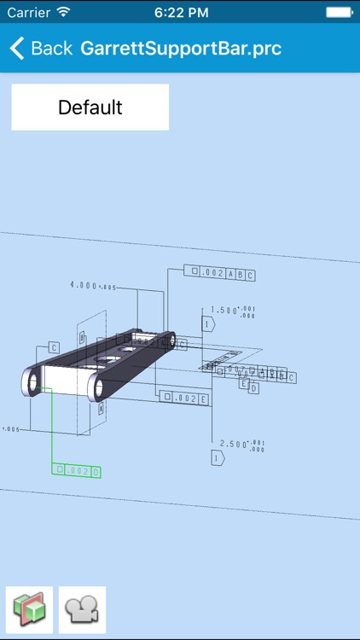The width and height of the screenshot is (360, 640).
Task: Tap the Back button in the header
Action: (x=40, y=48)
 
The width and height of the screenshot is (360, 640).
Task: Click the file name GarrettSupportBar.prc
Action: (x=181, y=48)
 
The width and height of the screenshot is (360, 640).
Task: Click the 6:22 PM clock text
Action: (x=180, y=12)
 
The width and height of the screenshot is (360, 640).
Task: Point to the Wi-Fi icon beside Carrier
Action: (x=65, y=12)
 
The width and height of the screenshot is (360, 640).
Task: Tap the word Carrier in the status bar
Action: (x=28, y=12)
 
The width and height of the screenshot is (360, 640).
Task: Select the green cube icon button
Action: (x=29, y=609)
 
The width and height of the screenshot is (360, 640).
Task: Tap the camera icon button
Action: (x=82, y=609)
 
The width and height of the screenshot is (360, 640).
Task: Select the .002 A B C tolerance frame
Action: (x=219, y=273)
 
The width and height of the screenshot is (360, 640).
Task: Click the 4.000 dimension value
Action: (x=84, y=286)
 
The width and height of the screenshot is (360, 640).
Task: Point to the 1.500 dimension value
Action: (x=224, y=311)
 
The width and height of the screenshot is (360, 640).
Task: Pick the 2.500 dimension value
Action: (x=233, y=445)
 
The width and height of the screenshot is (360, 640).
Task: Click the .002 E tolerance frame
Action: (x=185, y=398)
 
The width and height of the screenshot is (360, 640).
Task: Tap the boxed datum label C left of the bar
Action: (x=53, y=347)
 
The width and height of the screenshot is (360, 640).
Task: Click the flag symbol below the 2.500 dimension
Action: (x=218, y=459)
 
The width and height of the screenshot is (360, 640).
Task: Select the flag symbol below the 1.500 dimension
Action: (x=207, y=323)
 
